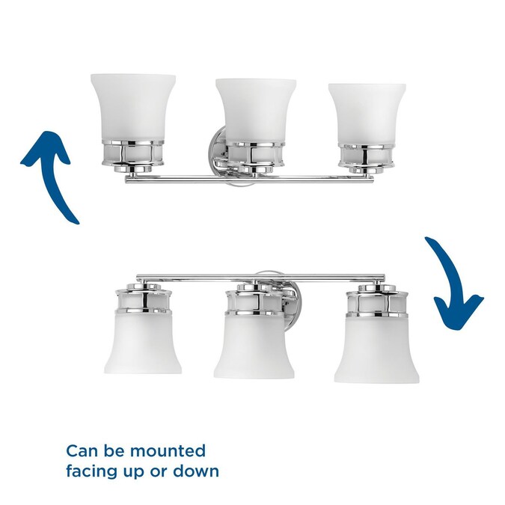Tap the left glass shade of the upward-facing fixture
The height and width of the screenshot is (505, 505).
tap(132, 108)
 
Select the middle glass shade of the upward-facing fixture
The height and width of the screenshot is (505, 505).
tap(255, 111)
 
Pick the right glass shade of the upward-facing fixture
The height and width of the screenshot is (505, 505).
tap(367, 114)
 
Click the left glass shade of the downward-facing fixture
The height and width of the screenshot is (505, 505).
tap(143, 343)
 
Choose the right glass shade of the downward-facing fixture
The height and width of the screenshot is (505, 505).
tap(377, 349)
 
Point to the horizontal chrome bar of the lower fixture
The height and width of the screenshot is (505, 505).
tap(261, 276)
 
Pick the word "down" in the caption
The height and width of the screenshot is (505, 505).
tap(196, 471)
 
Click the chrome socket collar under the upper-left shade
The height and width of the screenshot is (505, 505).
tap(133, 155)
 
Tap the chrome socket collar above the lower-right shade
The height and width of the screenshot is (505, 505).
tap(377, 300)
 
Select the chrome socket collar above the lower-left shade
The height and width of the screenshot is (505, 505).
tap(144, 299)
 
